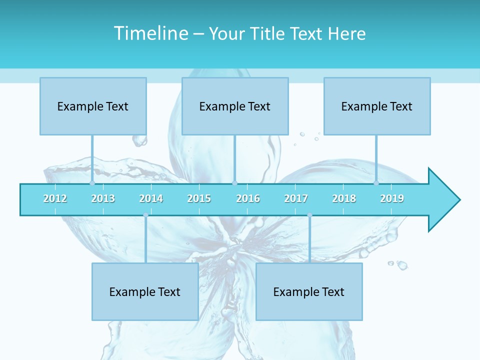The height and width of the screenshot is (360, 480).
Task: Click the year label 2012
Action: click(55, 198)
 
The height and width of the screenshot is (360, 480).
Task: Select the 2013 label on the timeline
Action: click(103, 198)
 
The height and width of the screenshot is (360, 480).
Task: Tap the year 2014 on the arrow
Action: click(151, 198)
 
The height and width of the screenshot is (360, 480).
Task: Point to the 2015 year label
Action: click(199, 198)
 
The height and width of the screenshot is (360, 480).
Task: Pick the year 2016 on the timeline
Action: click(248, 198)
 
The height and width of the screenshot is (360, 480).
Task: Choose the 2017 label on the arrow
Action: click(296, 198)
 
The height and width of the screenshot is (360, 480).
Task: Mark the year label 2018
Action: click(344, 198)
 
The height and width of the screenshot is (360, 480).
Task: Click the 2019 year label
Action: click(392, 198)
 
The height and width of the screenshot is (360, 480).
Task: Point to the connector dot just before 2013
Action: click(92, 183)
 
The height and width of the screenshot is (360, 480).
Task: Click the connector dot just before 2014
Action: click(145, 215)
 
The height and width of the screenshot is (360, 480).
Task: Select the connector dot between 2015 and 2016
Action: click(234, 183)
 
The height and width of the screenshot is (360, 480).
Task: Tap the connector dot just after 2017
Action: click(309, 215)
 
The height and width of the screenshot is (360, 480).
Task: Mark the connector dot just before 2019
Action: click(376, 183)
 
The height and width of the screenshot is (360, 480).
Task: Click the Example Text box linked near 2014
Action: click(145, 291)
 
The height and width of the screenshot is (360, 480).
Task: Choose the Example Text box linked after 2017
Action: click(309, 291)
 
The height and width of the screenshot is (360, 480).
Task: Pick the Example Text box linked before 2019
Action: click(377, 106)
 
